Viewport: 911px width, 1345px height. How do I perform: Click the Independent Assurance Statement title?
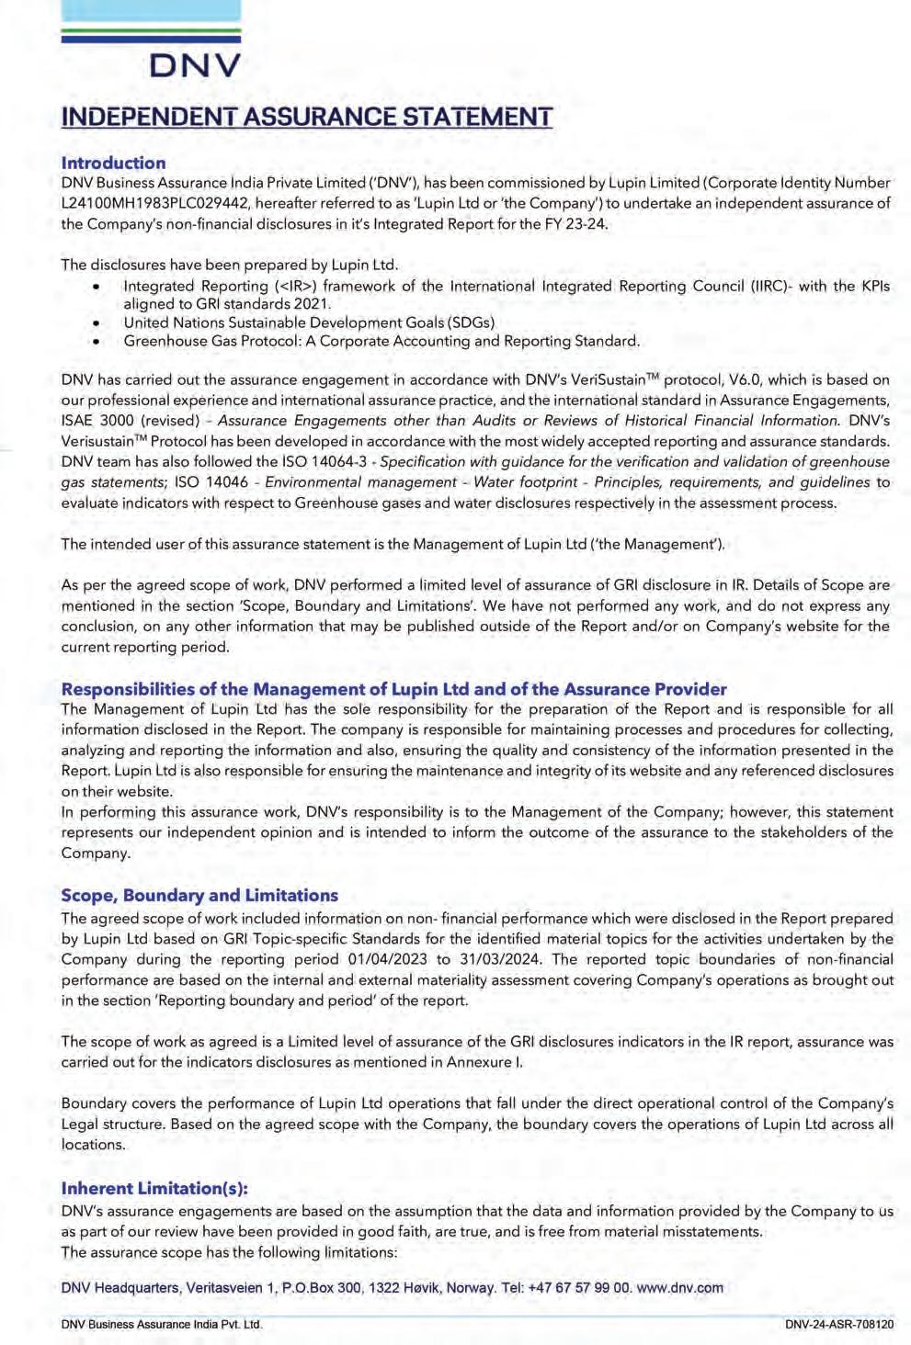click(306, 118)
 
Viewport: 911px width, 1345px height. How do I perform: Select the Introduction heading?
click(113, 163)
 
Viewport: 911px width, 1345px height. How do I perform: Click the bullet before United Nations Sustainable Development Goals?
click(96, 323)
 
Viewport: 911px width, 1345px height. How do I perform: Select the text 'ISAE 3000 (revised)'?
click(130, 421)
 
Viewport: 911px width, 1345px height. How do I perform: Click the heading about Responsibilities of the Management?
click(393, 689)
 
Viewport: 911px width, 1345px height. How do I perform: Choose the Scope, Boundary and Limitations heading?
click(199, 895)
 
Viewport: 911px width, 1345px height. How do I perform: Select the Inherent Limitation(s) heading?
click(154, 1188)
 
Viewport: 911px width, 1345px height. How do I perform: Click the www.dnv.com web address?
click(679, 1288)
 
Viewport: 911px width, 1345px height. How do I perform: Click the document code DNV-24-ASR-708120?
click(838, 1325)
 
